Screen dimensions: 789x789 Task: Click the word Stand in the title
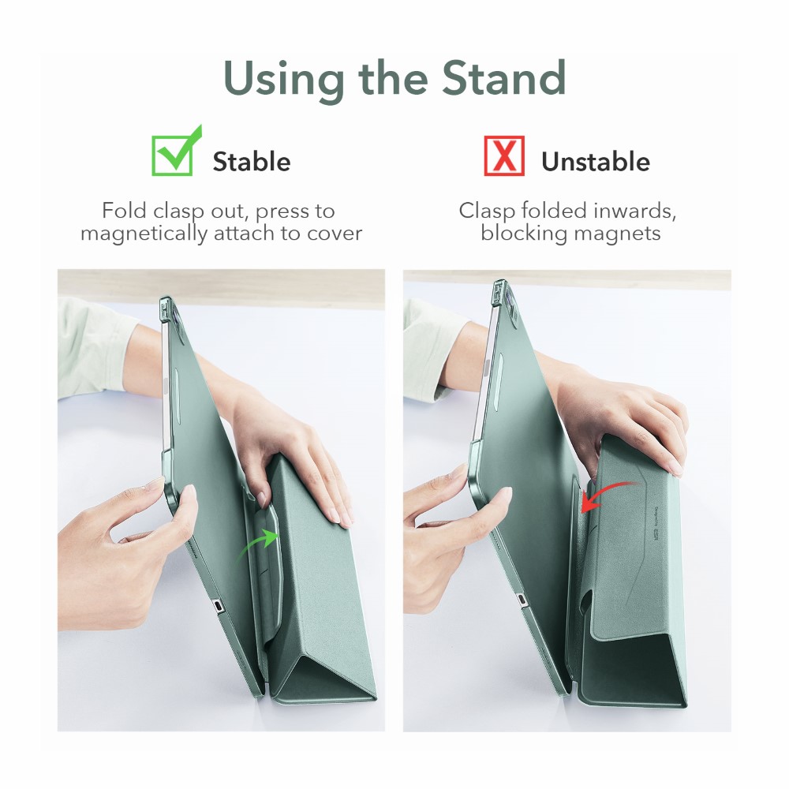coord(504,78)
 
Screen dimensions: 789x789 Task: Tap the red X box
coord(504,155)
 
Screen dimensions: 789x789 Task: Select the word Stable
coord(252,162)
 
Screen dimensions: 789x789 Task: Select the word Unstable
coord(596,162)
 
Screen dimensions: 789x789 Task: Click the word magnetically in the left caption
coord(144,234)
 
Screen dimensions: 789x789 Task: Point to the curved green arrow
coord(258,544)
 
